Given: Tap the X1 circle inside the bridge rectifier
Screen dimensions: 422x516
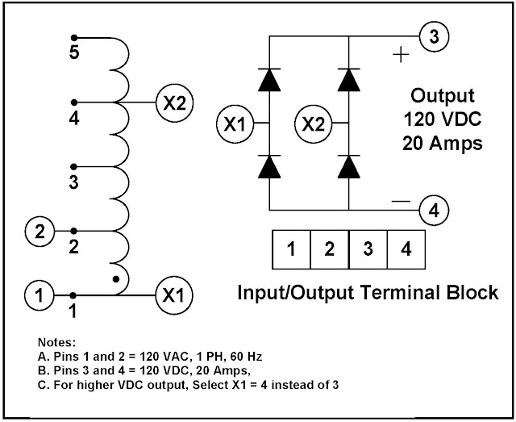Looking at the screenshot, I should (x=237, y=124).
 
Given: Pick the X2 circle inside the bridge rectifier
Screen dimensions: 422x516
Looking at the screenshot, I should (x=316, y=124).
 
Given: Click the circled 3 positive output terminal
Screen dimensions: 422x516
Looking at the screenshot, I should (x=434, y=36).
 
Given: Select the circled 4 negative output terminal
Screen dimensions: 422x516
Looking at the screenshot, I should (x=434, y=212).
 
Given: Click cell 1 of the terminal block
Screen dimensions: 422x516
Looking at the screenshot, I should (x=291, y=249).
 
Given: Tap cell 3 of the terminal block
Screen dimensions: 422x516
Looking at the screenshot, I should (x=368, y=249).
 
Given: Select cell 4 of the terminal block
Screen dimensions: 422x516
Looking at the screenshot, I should (x=406, y=249).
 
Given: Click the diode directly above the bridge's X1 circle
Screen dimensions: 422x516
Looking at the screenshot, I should (x=268, y=80).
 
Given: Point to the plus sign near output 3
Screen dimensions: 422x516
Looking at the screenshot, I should (x=399, y=55).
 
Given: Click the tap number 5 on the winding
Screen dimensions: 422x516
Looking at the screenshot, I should (x=73, y=55).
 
